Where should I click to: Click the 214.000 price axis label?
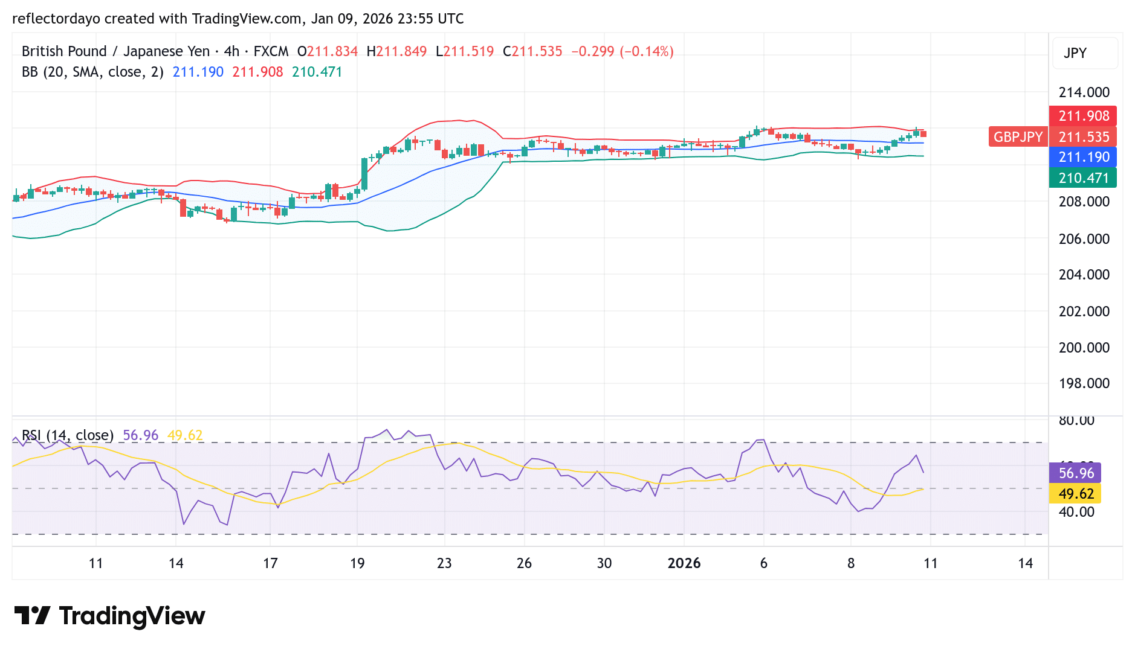pos(1084,92)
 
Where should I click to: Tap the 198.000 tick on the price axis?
pos(1084,383)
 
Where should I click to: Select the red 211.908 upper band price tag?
pos(1083,116)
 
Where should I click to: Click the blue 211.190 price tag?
pos(1083,157)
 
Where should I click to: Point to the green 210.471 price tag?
pos(1083,178)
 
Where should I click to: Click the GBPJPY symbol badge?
pos(1018,137)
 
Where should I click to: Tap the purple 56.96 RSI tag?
pos(1076,473)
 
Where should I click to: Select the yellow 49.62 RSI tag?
pos(1076,494)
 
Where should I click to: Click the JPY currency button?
pos(1075,53)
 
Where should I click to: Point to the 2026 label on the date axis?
pos(684,563)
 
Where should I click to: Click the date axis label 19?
pos(357,563)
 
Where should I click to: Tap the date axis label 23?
pos(444,563)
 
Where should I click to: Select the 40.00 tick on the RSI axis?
pos(1076,512)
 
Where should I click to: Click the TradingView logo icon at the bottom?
pos(32,616)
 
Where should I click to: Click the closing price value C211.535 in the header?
pos(532,51)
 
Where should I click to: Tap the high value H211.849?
pos(396,51)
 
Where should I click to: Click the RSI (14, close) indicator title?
pos(68,435)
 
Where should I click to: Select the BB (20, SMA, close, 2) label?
pos(92,72)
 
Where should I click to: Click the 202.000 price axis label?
pos(1084,312)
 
